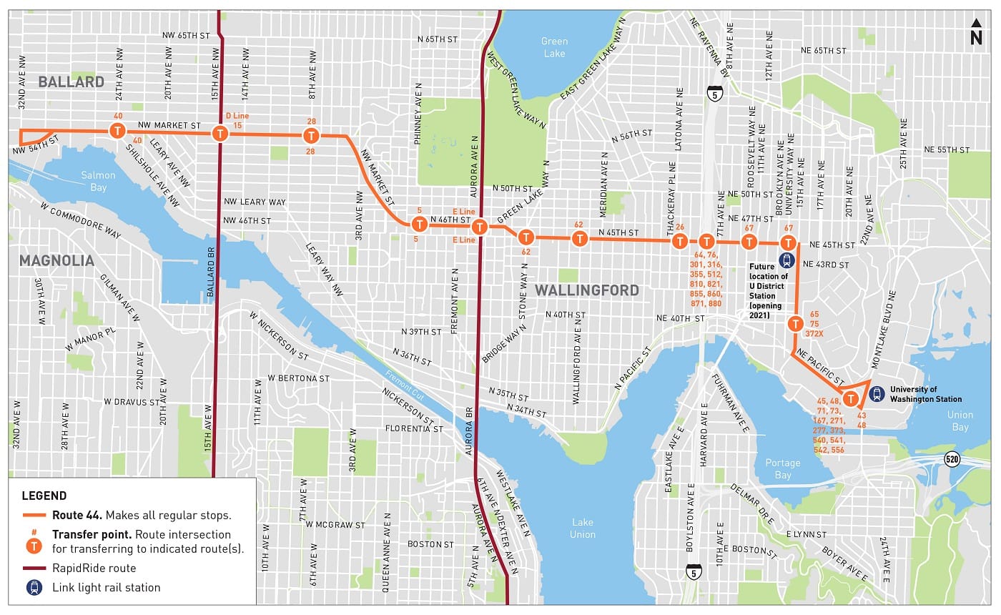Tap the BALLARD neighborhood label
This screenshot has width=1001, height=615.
click(x=71, y=82)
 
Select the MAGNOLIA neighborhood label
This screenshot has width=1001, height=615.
click(x=56, y=260)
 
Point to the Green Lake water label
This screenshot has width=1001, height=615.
click(x=553, y=47)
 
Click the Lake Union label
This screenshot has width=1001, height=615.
click(x=582, y=528)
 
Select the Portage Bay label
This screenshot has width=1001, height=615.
click(x=783, y=469)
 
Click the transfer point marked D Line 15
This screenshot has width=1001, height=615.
click(x=220, y=133)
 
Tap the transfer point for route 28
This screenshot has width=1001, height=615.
click(x=310, y=136)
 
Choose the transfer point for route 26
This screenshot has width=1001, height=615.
click(x=679, y=241)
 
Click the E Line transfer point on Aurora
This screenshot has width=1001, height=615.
click(x=480, y=227)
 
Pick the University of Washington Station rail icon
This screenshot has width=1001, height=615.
click(x=877, y=393)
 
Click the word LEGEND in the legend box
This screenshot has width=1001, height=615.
click(x=44, y=496)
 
